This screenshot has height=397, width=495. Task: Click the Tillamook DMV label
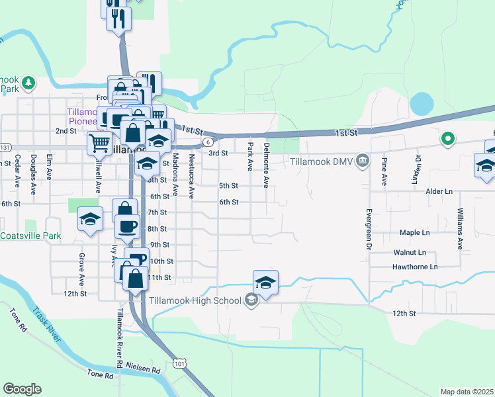[x=319, y=161]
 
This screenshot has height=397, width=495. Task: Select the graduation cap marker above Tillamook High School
[x=265, y=283]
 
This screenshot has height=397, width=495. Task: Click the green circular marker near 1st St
[x=447, y=139]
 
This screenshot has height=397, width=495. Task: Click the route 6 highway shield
[x=208, y=142]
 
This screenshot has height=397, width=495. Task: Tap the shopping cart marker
[x=99, y=142]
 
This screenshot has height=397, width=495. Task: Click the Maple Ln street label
[x=415, y=233]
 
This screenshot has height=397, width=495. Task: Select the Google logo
[x=22, y=389]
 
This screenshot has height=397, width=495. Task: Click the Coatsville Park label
[x=30, y=236]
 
